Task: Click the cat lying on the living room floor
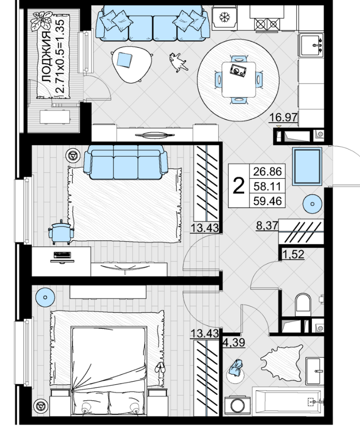tap(178, 62)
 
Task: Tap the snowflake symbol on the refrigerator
tap(224, 17)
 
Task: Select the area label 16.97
tap(283, 117)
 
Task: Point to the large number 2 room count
tap(239, 186)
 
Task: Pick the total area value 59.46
tap(268, 201)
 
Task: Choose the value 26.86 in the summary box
tap(268, 171)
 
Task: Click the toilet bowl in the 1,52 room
tap(303, 304)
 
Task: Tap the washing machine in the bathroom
tap(238, 406)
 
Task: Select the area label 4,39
tap(234, 342)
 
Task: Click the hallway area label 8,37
tap(267, 225)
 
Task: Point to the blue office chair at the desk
tap(61, 232)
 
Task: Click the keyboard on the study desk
tap(62, 255)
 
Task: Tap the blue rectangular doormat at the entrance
tap(307, 166)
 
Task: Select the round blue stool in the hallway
tap(312, 204)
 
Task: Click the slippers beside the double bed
tap(160, 368)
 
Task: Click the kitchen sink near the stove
tap(311, 45)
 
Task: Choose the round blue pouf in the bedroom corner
tap(45, 297)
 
